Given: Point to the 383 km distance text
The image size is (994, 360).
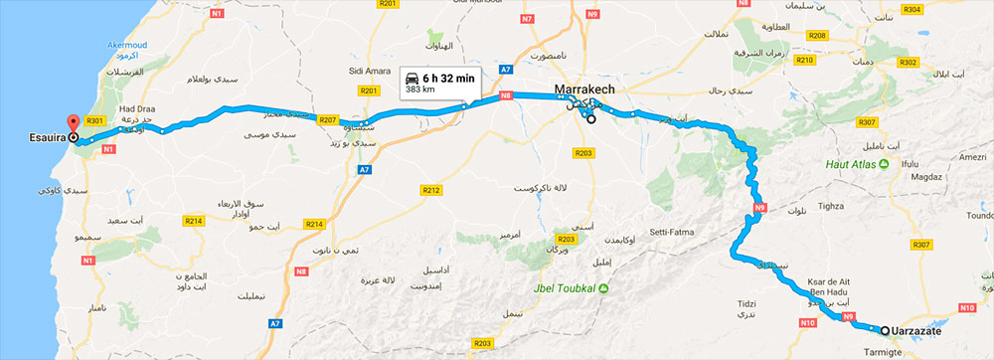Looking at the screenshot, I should pos(420,90).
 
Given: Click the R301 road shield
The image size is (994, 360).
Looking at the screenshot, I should pos(95,120).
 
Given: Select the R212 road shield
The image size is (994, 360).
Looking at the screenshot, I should pos(430,189).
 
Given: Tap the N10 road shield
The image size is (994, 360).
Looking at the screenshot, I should pos(807,323).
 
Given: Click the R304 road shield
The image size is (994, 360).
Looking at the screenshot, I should pos(912,9).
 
